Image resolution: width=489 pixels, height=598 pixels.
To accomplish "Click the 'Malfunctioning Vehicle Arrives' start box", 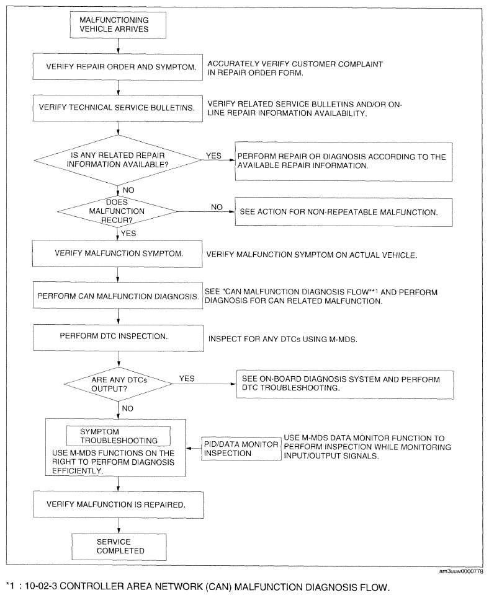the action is point(118,25).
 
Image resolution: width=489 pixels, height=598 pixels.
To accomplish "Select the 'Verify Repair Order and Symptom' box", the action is point(118,67).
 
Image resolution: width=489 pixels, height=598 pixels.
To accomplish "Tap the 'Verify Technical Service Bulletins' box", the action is point(118,108).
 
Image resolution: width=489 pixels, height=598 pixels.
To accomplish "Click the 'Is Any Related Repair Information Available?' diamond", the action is point(118,160).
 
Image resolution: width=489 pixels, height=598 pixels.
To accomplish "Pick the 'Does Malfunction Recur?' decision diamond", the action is point(117,211).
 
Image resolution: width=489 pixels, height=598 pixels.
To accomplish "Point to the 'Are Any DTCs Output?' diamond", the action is point(119,384).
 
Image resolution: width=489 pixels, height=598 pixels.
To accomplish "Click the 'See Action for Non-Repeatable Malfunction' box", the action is point(343,212).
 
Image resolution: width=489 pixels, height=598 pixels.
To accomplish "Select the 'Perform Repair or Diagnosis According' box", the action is point(343,162).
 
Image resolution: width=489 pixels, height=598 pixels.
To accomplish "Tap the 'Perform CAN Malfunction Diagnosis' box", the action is point(118,296).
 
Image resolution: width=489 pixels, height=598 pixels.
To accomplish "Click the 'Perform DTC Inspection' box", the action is point(119,338).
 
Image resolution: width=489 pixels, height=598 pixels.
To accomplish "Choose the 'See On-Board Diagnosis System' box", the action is point(345,384).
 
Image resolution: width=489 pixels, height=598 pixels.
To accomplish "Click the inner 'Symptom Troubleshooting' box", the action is point(119,436).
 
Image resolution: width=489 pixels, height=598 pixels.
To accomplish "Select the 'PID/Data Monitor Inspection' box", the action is point(241,449).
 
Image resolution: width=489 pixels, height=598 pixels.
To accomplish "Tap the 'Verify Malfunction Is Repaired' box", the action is point(118,504).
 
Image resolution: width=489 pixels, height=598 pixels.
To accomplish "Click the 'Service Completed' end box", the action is point(119,547).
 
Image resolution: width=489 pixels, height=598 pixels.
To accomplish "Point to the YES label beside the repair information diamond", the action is point(213,156).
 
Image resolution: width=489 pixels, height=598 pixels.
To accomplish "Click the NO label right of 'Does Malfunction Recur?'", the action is point(217,207).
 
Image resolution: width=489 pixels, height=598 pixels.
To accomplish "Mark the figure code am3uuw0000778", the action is point(461,571).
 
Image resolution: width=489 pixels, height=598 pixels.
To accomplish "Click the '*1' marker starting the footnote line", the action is point(11,586).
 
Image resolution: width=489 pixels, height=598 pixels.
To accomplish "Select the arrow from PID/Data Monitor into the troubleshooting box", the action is point(194,449).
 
